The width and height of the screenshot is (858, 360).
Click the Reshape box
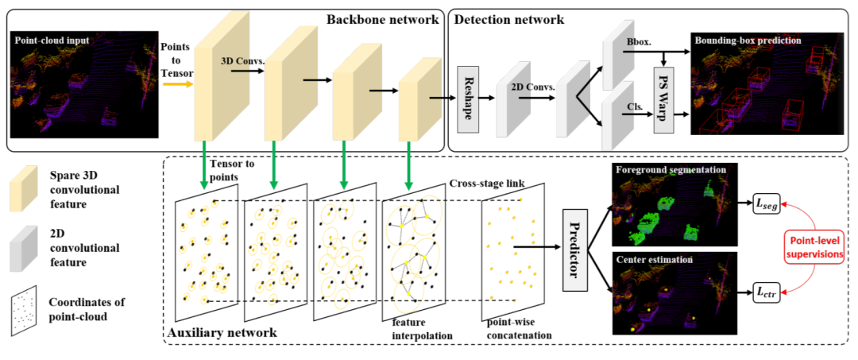coord(467,99)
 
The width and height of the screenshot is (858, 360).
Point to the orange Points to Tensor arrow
coord(179,84)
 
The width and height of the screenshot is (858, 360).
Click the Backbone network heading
coord(382,20)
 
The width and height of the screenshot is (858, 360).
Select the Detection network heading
coord(509,20)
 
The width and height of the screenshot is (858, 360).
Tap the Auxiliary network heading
coord(222,331)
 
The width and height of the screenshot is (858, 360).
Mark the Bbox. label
coord(634,41)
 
